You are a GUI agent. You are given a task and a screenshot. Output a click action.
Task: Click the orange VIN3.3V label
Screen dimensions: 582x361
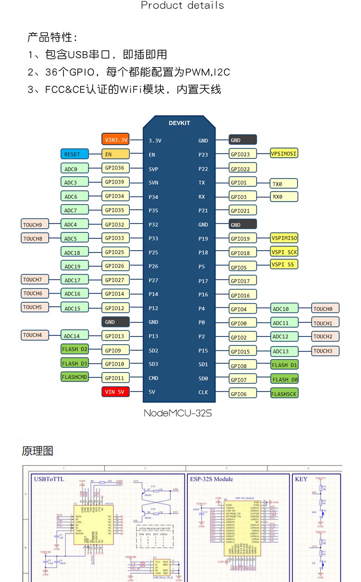[115, 140]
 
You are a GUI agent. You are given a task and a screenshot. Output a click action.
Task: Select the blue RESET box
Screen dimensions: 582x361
[74, 154]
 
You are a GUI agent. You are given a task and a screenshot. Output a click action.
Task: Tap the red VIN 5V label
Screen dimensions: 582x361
[115, 392]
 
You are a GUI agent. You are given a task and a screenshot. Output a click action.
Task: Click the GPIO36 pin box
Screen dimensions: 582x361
[115, 168]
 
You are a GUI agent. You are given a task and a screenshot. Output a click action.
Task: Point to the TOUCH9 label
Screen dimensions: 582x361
[34, 225]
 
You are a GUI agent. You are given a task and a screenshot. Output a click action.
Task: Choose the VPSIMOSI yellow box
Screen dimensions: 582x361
[284, 153]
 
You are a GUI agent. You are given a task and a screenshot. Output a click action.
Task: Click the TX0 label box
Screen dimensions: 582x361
[284, 184]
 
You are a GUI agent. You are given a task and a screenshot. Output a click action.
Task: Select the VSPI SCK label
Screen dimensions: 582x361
[284, 252]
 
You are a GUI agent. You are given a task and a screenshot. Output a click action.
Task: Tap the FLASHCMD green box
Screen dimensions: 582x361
[74, 377]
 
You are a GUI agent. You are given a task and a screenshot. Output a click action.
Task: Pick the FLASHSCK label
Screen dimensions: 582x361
[284, 393]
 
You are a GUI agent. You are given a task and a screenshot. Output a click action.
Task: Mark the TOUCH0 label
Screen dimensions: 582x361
[325, 309]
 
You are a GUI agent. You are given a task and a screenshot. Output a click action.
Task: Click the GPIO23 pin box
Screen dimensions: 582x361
[243, 154]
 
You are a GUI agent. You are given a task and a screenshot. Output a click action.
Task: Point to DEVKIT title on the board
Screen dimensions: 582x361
[179, 123]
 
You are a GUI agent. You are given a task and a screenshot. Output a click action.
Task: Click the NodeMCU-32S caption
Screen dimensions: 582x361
[178, 413]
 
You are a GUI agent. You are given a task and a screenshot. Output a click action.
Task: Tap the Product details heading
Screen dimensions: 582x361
[182, 5]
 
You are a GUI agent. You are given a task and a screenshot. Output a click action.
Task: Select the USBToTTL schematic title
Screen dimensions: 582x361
[49, 479]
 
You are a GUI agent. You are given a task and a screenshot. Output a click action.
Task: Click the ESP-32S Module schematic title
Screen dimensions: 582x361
[211, 479]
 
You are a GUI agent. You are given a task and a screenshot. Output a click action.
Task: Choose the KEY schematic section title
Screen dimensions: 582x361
[301, 479]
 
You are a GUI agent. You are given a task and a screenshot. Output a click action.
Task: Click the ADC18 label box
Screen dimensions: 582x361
[74, 252]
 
